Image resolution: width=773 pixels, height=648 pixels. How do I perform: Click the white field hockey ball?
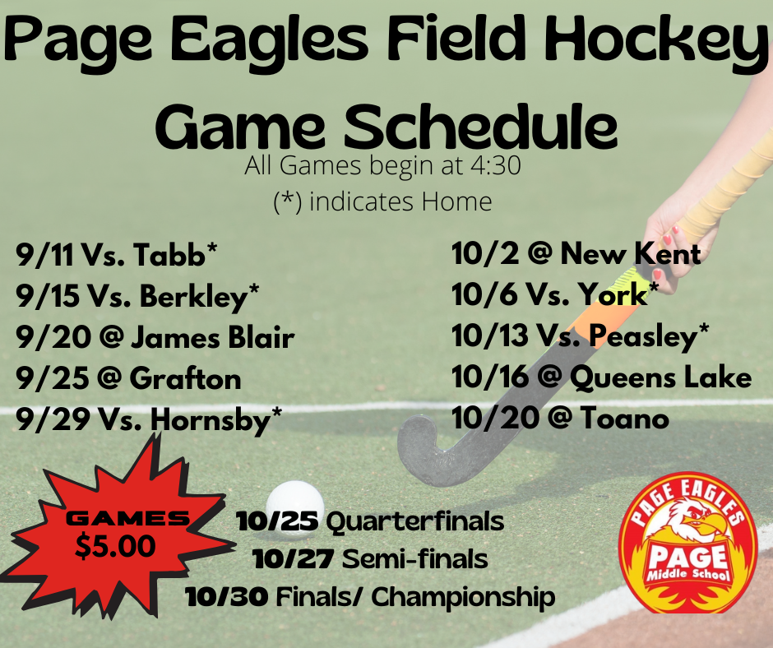coord(294,501)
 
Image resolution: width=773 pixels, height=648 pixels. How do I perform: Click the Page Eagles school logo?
coord(688,543)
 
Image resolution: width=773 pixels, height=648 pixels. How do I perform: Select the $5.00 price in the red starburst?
coord(115,545)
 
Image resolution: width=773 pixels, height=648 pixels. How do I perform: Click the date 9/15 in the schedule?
coord(48,296)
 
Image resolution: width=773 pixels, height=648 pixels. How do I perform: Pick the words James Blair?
coord(212,338)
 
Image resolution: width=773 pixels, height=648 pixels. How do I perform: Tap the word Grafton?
coord(185,379)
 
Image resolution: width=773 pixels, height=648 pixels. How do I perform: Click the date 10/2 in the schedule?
coord(485,253)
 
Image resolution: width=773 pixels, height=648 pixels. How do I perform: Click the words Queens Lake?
coord(660,377)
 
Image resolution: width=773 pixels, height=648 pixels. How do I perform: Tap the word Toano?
coord(624,419)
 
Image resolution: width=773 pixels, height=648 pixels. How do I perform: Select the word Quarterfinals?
coord(415,521)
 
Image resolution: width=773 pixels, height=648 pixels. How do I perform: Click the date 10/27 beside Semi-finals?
coord(294,559)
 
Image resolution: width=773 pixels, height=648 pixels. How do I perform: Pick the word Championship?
coord(463,597)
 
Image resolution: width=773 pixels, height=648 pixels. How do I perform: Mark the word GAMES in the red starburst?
coord(127,518)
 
